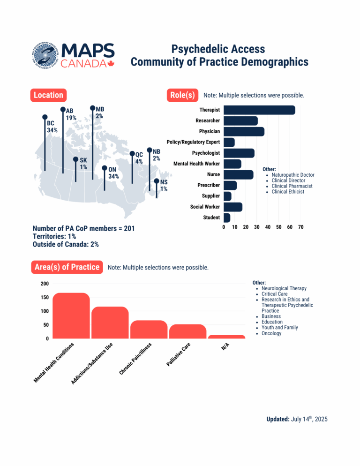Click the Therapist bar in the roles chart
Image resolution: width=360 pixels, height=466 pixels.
pos(259,110)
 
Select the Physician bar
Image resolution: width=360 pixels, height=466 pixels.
pos(244,132)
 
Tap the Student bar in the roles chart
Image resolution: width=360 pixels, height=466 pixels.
pos(227,218)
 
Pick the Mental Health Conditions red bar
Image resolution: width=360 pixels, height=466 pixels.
pos(71,316)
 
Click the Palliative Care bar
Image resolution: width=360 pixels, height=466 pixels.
pos(187,331)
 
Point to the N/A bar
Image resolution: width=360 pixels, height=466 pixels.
pos(226,337)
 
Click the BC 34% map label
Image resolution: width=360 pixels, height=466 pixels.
pos(52,127)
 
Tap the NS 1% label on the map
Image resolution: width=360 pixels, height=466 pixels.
pos(164,185)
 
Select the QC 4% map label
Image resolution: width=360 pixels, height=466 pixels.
pos(139,158)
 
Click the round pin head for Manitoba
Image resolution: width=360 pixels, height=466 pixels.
pos(92,108)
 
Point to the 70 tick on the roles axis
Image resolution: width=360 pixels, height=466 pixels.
pos(301,227)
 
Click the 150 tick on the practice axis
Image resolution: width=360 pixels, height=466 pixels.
pos(45,297)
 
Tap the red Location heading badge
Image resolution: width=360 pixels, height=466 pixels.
pos(48,95)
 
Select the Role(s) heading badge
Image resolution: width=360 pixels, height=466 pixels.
pos(182,95)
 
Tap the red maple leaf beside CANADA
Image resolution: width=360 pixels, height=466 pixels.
pos(111,64)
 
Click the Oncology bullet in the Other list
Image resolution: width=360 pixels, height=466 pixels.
pos(271,333)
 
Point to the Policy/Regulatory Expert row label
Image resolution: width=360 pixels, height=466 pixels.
pos(193,142)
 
